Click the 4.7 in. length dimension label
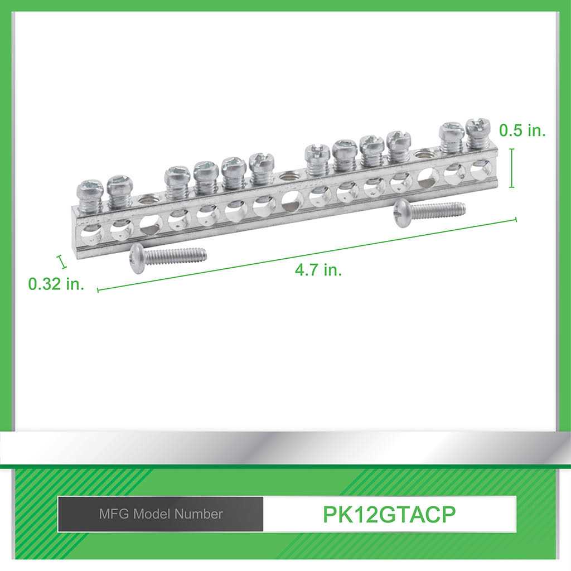click(x=318, y=270)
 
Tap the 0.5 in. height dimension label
click(x=522, y=130)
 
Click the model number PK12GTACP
click(x=389, y=514)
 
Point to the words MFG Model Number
click(x=161, y=514)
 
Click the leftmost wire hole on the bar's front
click(x=91, y=231)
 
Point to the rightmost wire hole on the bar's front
click(x=481, y=168)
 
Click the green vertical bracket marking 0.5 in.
click(x=511, y=167)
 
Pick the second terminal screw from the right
click(x=451, y=136)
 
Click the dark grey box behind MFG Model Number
click(x=161, y=514)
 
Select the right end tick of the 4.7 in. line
click(x=516, y=220)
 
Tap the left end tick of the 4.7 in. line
click(x=98, y=289)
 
